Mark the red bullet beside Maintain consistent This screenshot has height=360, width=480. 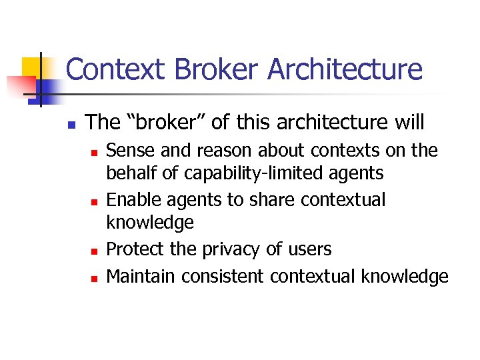pyautogui.click(x=94, y=276)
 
